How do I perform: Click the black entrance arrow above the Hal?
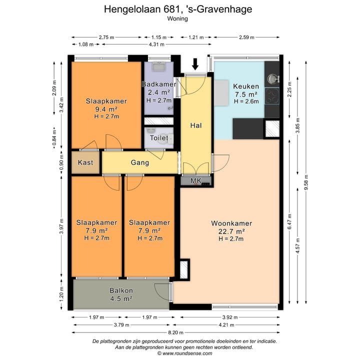pyautogui.click(x=195, y=64)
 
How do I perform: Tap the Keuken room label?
pyautogui.click(x=246, y=86)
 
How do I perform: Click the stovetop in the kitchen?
pyautogui.click(x=272, y=96)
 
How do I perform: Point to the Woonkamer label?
pyautogui.click(x=231, y=223)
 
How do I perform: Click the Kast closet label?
pyautogui.click(x=85, y=162)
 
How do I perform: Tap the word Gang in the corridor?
pyautogui.click(x=140, y=162)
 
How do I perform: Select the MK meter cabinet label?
pyautogui.click(x=196, y=180)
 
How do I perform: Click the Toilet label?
pyautogui.click(x=159, y=138)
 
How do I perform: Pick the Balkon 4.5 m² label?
pyautogui.click(x=121, y=294)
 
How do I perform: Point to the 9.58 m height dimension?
pyautogui.click(x=306, y=182)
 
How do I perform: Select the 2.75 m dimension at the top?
pyautogui.click(x=106, y=37)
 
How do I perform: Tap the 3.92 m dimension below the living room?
pyautogui.click(x=230, y=317)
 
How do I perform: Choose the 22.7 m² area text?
pyautogui.click(x=231, y=231)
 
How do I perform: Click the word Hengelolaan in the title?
pyautogui.click(x=132, y=9)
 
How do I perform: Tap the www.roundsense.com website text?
pyautogui.click(x=187, y=353)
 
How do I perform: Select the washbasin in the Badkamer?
pyautogui.click(x=158, y=66)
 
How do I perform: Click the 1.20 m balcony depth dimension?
pyautogui.click(x=61, y=294)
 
